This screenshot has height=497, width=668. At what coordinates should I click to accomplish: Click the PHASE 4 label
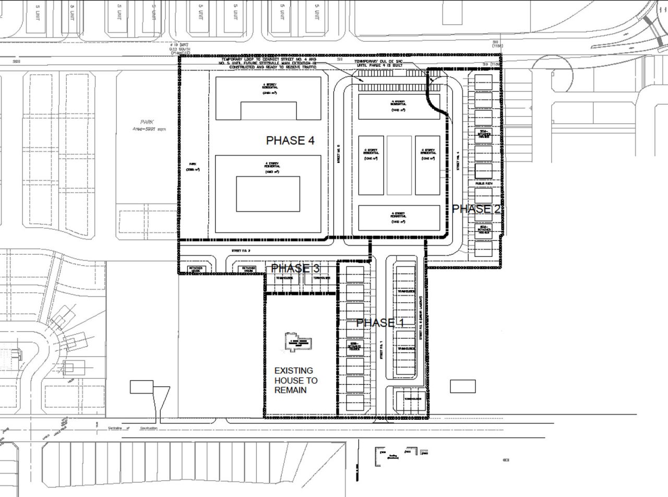pos(290,140)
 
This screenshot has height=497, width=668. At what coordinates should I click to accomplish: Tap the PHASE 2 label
pos(476,209)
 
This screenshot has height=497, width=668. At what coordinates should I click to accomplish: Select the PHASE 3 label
pos(295,268)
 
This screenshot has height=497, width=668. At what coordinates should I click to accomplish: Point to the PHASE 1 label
pos(380,323)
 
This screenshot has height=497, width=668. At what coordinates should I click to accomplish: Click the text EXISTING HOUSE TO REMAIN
pos(295,380)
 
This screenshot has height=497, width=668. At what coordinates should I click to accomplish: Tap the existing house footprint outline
pos(298,342)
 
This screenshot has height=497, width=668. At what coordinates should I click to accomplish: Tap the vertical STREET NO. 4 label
pos(458,161)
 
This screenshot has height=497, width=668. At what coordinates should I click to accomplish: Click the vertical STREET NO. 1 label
pos(381,350)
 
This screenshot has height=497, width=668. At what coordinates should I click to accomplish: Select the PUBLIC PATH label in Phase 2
pos(483,183)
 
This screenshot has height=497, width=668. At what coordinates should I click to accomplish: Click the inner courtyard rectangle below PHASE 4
pos(268,194)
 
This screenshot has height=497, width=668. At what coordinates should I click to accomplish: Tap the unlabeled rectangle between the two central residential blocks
pos(399,165)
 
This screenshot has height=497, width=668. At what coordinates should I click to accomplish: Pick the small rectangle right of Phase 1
pos(462,386)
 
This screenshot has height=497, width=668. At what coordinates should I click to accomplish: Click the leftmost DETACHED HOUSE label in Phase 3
pos(196,269)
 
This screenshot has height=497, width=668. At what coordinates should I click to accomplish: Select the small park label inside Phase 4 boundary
pos(193,167)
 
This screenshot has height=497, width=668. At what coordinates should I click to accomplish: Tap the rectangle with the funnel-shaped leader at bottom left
pos(141,387)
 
